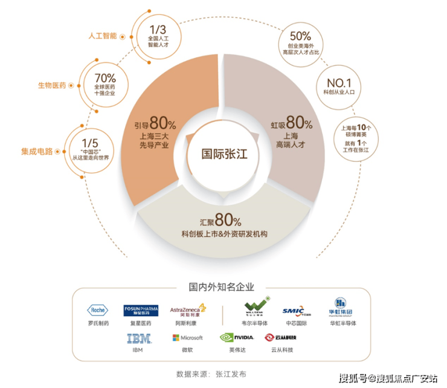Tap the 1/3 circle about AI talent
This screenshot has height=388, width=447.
point(156,34)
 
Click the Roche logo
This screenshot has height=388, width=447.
point(97,310)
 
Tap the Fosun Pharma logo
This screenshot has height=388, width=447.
point(140,310)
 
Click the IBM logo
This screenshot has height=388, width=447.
point(137,338)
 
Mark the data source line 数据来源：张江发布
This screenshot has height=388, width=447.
point(211,373)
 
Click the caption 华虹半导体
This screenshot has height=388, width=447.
point(342,323)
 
